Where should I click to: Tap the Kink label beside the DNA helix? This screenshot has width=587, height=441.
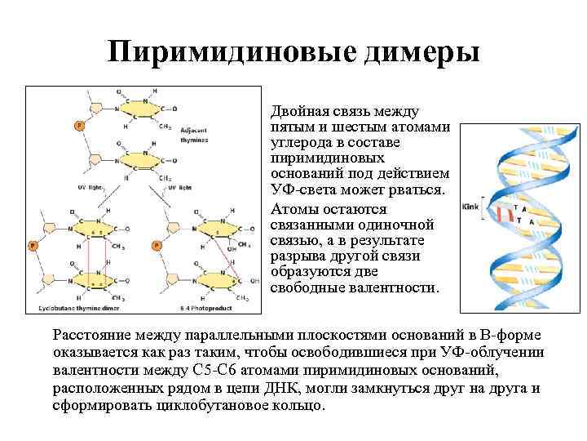[x=470, y=207]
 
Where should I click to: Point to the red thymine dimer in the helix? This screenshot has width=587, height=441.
[x=507, y=214]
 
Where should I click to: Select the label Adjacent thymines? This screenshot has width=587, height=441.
[x=193, y=135]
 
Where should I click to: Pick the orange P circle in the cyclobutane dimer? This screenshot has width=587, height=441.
[x=33, y=244]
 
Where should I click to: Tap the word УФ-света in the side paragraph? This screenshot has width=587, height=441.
[x=301, y=190]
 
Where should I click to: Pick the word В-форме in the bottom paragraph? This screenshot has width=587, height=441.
[x=502, y=336]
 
